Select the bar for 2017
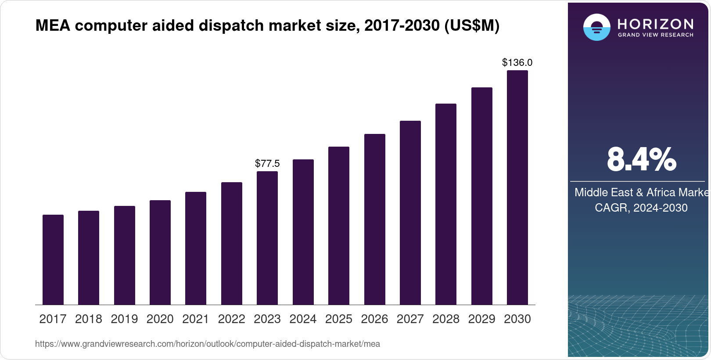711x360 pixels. click(53, 259)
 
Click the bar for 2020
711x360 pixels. click(160, 252)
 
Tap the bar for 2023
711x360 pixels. click(267, 238)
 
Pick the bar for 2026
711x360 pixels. click(375, 219)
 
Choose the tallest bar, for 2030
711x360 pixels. click(517, 187)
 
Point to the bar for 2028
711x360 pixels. click(446, 204)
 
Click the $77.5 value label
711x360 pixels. click(267, 163)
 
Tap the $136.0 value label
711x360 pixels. click(517, 62)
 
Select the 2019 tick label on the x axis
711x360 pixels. click(124, 319)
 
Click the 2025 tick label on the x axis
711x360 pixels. click(339, 319)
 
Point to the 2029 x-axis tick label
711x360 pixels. click(481, 319)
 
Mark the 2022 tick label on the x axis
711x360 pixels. click(232, 319)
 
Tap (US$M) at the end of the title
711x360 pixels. click(472, 26)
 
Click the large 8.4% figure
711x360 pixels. click(641, 159)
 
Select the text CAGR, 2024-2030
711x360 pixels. click(641, 208)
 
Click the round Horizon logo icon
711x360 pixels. click(596, 27)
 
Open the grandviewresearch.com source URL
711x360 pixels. click(208, 344)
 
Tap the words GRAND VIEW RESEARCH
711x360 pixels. click(655, 35)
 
